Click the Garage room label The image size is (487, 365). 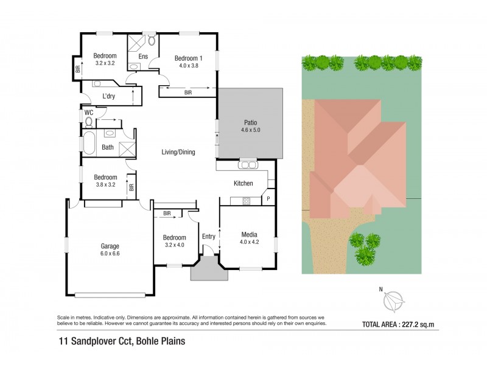coord(110,246)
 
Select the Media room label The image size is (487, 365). coord(249,234)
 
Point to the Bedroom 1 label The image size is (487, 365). coord(188,58)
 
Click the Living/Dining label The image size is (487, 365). coord(178,152)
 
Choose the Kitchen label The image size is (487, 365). coord(243,182)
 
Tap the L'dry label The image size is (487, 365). coord(109,96)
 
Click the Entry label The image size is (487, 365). coord(208,237)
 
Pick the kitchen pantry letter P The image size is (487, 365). coord(268,199)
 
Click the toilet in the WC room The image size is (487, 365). coord(89,122)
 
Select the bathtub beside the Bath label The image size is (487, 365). coord(89,147)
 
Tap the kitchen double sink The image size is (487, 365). coord(248,164)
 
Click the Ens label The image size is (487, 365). coord(144,57)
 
